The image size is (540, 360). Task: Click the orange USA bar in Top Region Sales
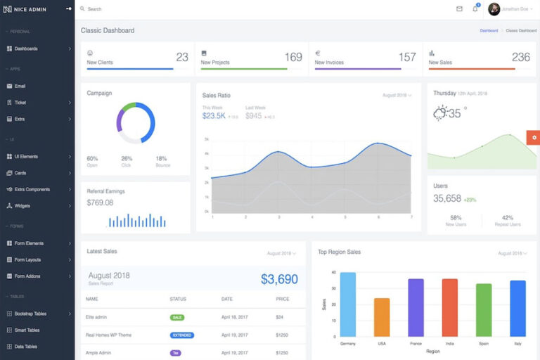pos(382,317)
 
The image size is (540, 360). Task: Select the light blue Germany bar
pos(348,304)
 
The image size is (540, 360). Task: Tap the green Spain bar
pos(484,310)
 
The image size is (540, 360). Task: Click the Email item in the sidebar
pos(20,86)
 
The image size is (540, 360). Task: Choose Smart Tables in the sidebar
pos(27,330)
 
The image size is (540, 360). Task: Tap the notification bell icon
pos(475,9)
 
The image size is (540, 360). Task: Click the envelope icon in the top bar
pos(459,9)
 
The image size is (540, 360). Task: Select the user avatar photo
pos(494,9)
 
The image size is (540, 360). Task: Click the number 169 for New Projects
pos(293,57)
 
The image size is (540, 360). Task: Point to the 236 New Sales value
pos(521,57)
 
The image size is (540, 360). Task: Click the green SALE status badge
pos(177,318)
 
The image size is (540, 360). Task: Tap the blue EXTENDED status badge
pos(182,335)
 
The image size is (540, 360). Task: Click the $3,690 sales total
pos(279,279)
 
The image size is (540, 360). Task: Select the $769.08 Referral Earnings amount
pos(100,202)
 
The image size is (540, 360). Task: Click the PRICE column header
pos(282,299)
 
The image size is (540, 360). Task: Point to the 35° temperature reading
pos(456,112)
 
